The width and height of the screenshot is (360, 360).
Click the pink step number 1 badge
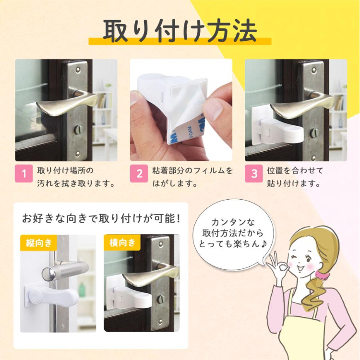pyautogui.click(x=24, y=173)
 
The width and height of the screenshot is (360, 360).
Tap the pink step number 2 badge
pyautogui.click(x=139, y=173)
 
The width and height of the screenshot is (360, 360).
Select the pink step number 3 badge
pyautogui.click(x=254, y=173)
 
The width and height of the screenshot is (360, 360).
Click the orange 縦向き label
pyautogui.click(x=38, y=243)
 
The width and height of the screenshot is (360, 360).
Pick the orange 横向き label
pyautogui.click(x=122, y=242)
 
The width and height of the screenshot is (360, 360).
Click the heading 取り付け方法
pyautogui.click(x=180, y=31)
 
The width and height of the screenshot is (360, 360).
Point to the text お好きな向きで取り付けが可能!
pyautogui.click(x=101, y=218)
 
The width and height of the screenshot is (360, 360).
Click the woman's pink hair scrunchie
pyautogui.click(x=322, y=275)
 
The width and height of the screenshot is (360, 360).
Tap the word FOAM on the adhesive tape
pyautogui.click(x=191, y=132)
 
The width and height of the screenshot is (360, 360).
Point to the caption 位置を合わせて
pyautogui.click(x=295, y=170)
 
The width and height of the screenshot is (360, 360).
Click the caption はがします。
pyautogui.click(x=175, y=184)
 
